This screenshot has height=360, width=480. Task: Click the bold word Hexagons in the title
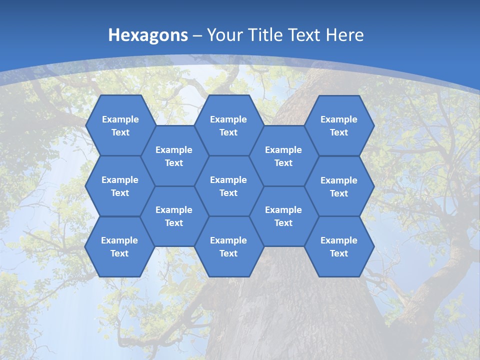148,35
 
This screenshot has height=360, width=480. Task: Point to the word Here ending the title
344,35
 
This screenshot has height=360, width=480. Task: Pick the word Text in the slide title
305,35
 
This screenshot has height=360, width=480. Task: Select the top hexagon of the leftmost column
120,125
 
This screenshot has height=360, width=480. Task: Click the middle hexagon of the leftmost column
120,186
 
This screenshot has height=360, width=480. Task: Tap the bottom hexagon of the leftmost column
119,246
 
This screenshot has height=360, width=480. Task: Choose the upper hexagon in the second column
174,156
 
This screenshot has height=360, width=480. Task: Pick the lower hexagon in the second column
174,216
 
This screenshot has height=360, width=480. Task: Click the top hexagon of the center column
228,125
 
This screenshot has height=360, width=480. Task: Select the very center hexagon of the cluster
228,186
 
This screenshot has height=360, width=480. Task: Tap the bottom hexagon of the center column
228,246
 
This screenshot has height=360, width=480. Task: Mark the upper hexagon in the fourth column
283,156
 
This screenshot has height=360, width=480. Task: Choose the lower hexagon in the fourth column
283,216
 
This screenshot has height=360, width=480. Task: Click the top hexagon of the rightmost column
339,125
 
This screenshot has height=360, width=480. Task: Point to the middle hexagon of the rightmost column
339,186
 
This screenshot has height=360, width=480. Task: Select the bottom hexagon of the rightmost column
339,246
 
